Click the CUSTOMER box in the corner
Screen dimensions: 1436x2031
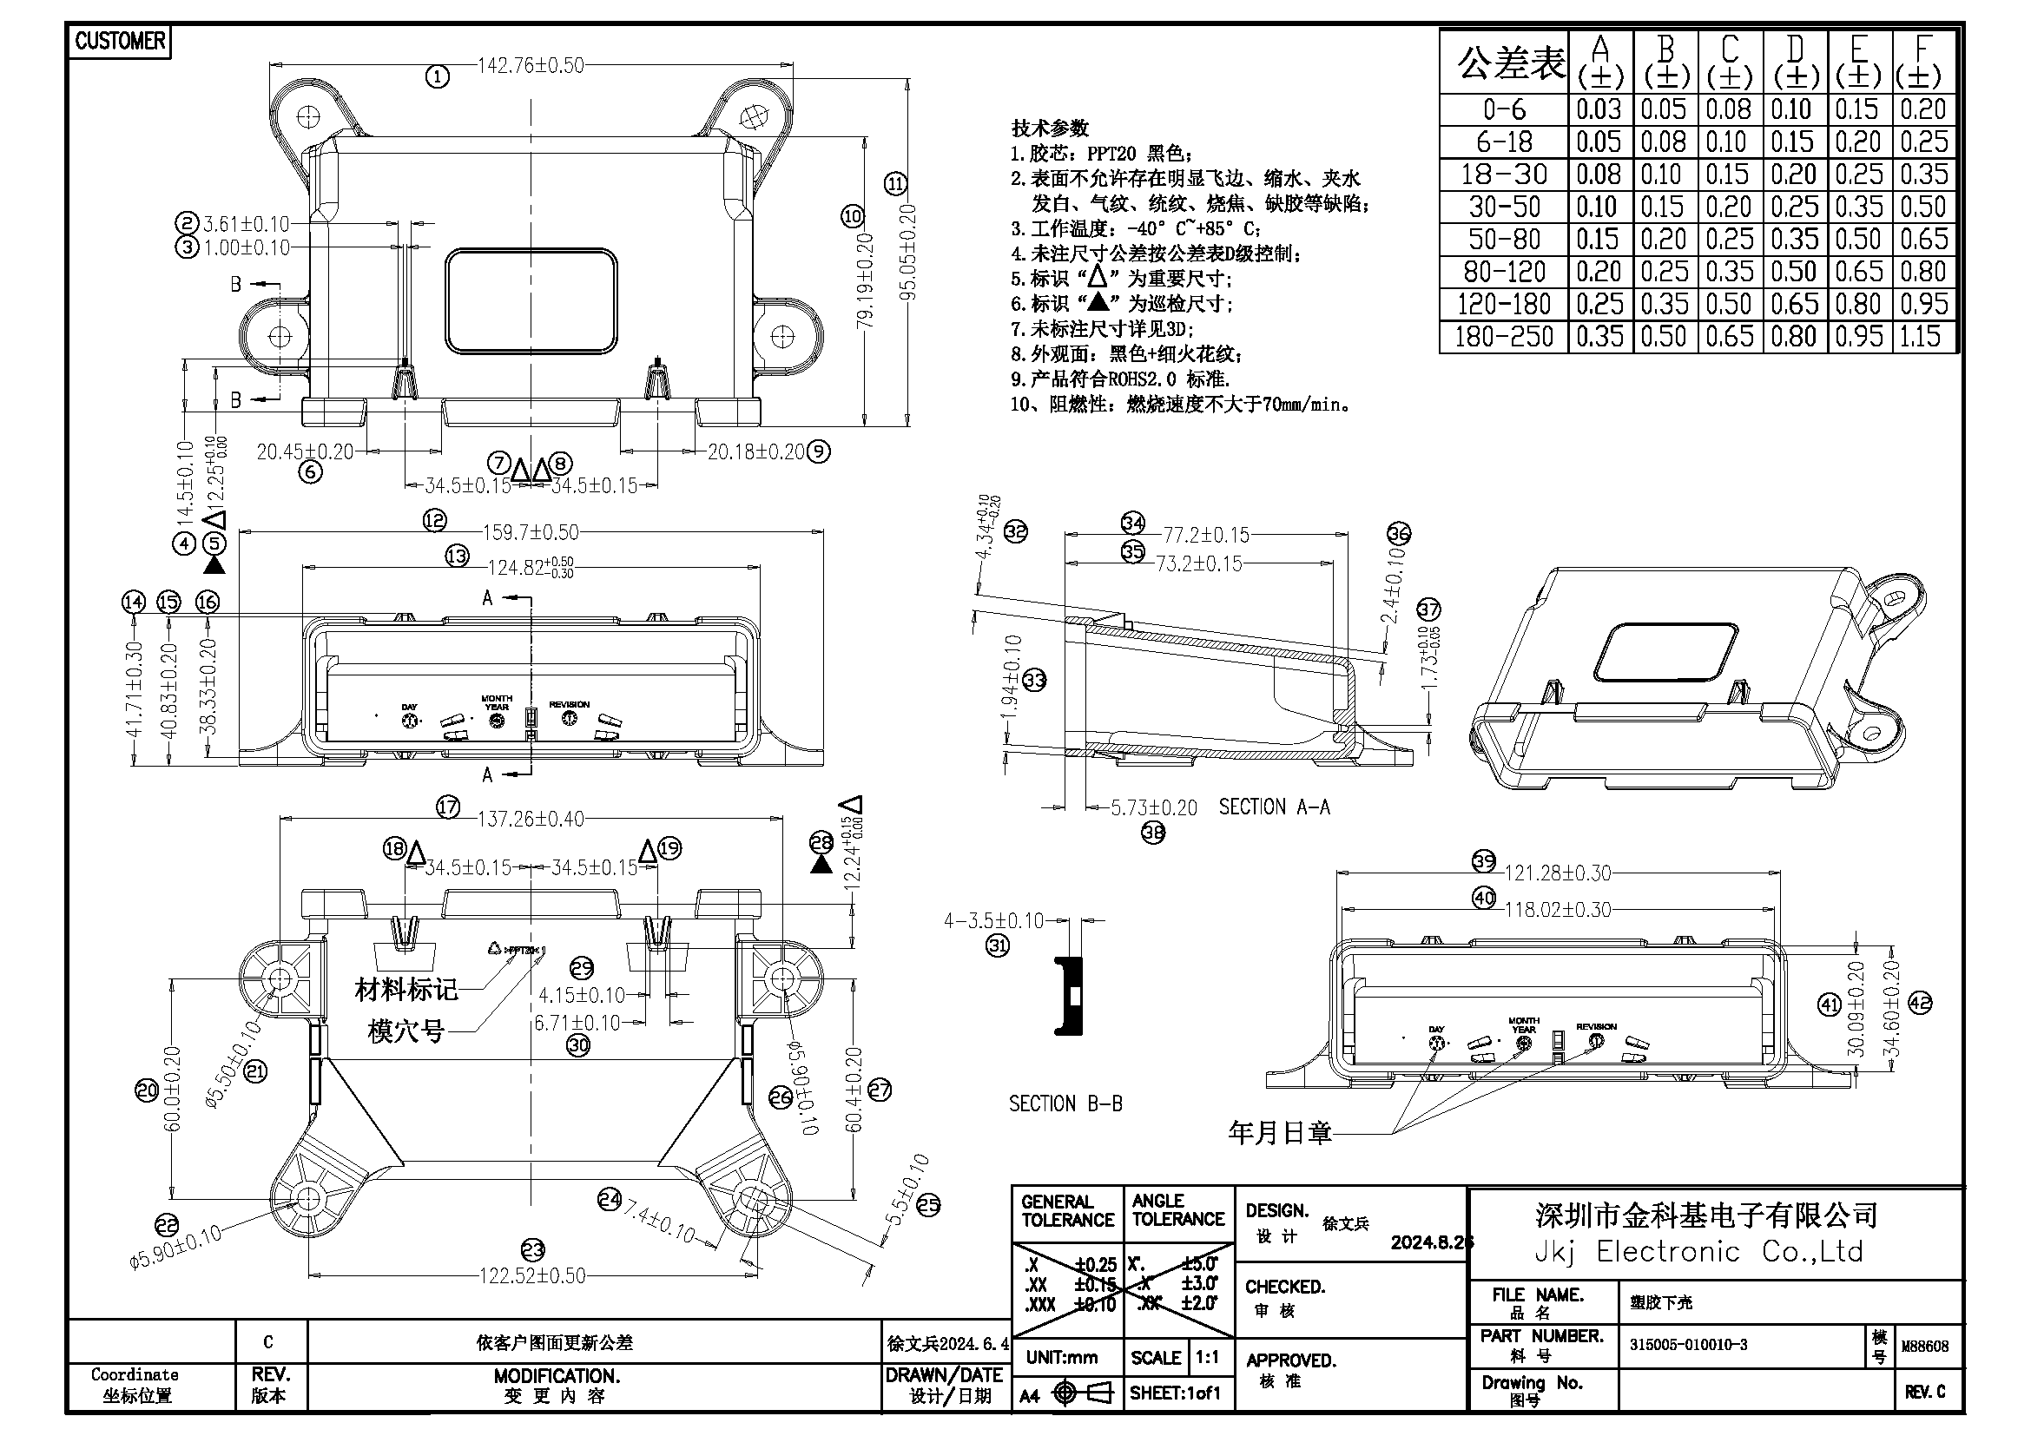click(x=120, y=41)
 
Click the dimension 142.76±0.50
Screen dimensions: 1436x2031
click(x=531, y=65)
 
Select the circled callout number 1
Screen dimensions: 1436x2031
click(x=438, y=77)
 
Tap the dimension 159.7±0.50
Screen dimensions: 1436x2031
click(x=531, y=532)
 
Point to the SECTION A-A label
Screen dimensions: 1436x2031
click(x=1274, y=807)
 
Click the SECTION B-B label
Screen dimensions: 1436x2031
click(x=1065, y=1103)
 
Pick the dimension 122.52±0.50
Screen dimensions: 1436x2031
click(x=532, y=1275)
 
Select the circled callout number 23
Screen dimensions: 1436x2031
click(x=532, y=1249)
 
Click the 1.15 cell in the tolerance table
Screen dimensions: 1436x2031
click(x=1920, y=337)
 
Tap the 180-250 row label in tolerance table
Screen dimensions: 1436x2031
click(x=1504, y=337)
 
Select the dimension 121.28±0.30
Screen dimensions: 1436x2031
click(x=1558, y=873)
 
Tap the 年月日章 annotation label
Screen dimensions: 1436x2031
click(x=1279, y=1133)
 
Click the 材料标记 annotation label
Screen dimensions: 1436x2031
click(x=406, y=990)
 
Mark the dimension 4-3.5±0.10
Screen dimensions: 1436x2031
click(x=993, y=920)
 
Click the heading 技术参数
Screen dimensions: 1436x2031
click(x=1050, y=128)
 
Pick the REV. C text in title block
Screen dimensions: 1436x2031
click(x=1925, y=1392)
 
